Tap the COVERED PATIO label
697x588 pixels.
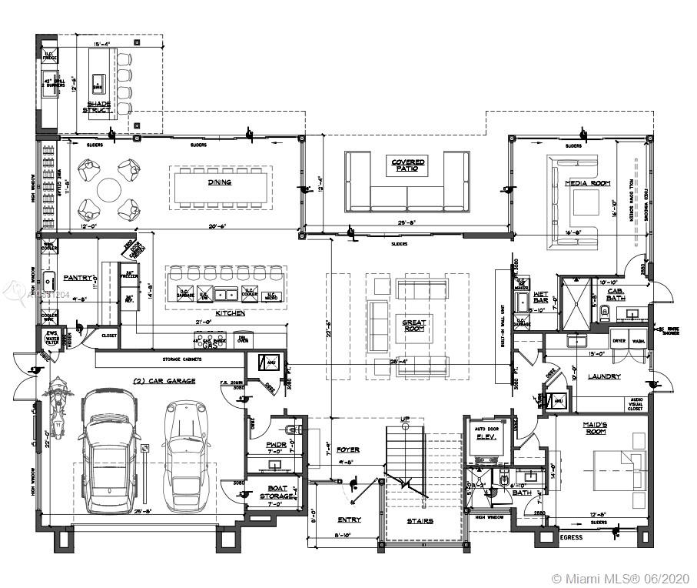tap(408, 165)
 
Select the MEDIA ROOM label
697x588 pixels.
tap(587, 183)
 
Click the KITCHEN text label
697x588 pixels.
tap(230, 314)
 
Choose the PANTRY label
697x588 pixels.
tap(78, 277)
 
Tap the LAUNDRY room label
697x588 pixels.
tap(604, 376)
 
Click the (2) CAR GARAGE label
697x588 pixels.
tap(164, 381)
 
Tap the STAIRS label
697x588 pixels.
tap(420, 521)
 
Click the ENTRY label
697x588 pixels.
tap(350, 520)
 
